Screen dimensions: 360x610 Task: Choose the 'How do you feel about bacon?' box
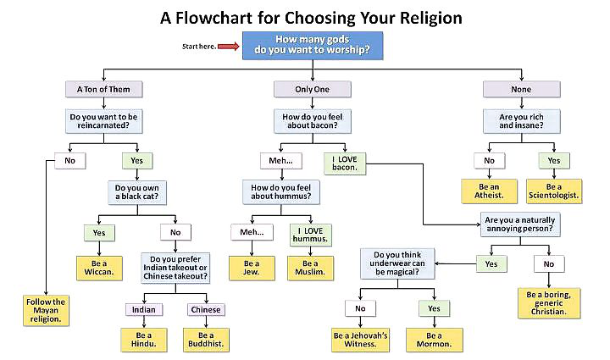pyautogui.click(x=306, y=120)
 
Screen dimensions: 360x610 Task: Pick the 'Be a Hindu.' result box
pyautogui.click(x=141, y=341)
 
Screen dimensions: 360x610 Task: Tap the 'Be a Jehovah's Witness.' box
pyautogui.click(x=360, y=341)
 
